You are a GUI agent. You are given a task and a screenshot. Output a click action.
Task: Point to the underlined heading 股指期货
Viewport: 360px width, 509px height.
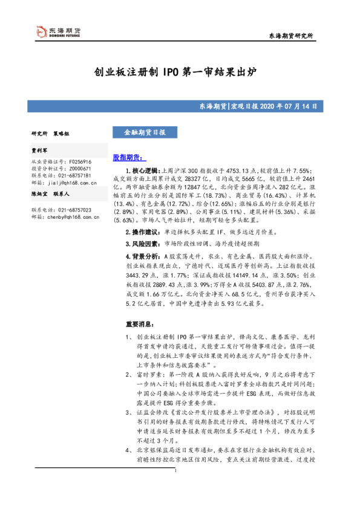[x=125, y=157]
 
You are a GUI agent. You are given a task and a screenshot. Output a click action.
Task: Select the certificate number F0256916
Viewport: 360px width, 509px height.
[x=80, y=161]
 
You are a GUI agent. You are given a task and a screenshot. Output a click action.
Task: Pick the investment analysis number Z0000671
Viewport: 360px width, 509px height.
[x=80, y=168]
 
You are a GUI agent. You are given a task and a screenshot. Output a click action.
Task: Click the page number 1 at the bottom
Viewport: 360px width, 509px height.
[x=174, y=487]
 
